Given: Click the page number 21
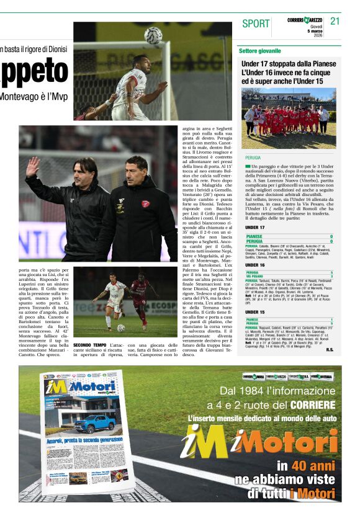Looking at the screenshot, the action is [335, 22].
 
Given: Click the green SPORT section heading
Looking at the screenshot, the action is [256, 24].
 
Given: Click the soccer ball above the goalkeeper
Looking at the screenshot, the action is [153, 35].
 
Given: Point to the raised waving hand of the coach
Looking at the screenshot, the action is [32, 166].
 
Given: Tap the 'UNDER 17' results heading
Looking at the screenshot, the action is [254, 228].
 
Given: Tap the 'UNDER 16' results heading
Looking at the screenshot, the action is [254, 265].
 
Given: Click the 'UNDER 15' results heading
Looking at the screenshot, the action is [254, 312].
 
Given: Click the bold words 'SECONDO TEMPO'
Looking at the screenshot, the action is [90, 345].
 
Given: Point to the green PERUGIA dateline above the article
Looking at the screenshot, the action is [253, 158].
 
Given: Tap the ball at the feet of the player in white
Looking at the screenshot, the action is [121, 327].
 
